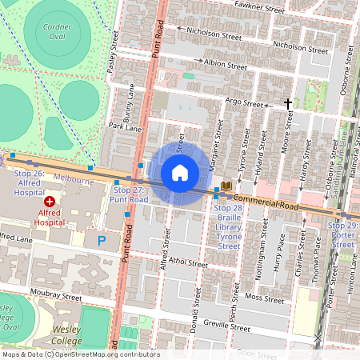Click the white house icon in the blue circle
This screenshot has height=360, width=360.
pos(180,173)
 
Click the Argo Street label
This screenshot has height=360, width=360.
pos(244,102)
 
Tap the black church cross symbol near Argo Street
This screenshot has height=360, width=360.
pos(288,103)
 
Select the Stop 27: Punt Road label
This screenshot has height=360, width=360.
pos(129,194)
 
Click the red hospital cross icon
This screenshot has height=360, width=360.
pos(50,203)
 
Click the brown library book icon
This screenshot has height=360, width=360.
pos(226,185)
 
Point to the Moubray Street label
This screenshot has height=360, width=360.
pos(56,296)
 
